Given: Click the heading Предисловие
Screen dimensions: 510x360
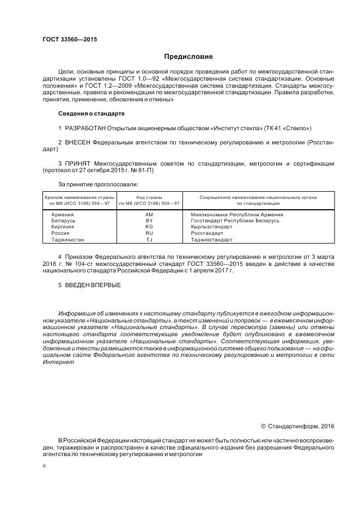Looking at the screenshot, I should tap(188, 57).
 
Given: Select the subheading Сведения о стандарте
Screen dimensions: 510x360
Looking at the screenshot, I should tap(91, 113).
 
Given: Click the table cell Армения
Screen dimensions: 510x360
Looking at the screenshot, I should tap(62, 215).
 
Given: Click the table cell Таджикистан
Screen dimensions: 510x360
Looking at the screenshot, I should tap(68, 239).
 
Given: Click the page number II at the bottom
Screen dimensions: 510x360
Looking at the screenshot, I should tap(45, 466).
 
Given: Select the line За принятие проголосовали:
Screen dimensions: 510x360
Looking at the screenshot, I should tap(94, 185).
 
